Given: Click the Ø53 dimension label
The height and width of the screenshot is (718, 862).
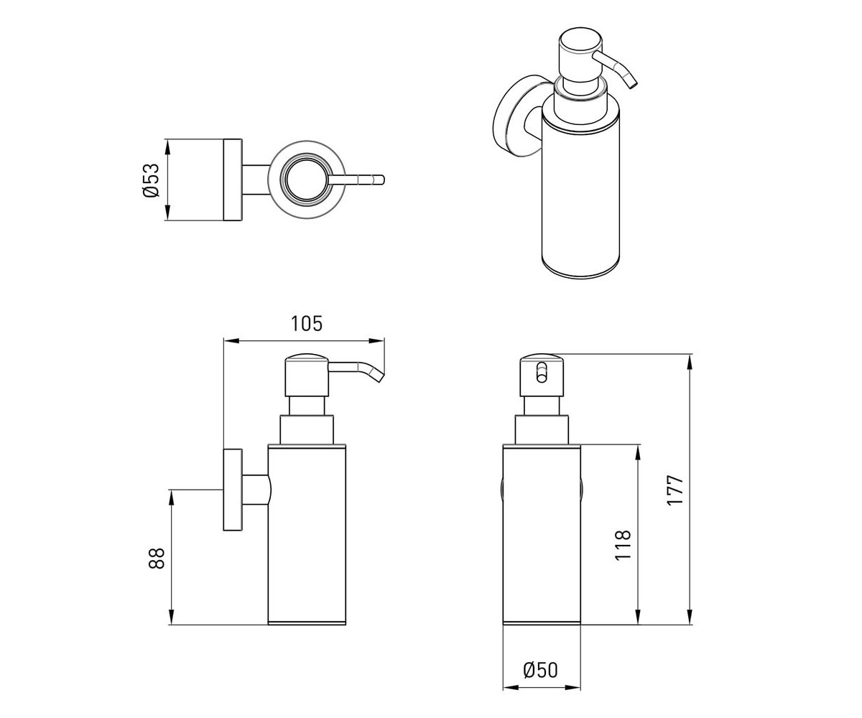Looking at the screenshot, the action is [151, 180].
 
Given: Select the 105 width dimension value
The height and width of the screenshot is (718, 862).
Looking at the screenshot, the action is [306, 324].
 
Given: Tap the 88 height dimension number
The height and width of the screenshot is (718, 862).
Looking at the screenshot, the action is [157, 559].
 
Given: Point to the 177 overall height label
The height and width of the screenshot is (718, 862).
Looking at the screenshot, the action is [675, 490].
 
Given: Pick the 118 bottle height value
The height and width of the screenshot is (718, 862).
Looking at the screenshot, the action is [623, 545].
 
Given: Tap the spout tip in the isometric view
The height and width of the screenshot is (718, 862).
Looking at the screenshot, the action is [632, 84].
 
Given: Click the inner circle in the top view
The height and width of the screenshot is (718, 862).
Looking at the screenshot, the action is [306, 180].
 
